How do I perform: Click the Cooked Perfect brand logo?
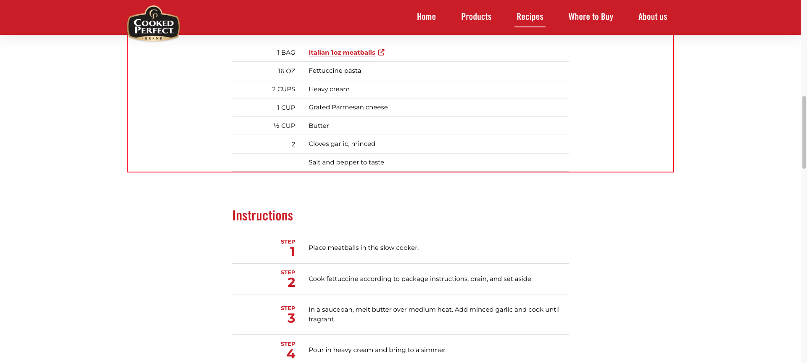pos(153,24)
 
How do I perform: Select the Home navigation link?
pos(426,17)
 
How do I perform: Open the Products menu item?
pos(476,17)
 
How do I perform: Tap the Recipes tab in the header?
pos(530,17)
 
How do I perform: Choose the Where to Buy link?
pos(591,17)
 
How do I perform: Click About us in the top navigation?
pos(652,17)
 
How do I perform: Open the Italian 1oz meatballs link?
pos(342,53)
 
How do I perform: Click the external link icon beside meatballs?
pos(381,52)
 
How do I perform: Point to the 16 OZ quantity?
pos(286,71)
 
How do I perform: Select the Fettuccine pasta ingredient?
pos(335,71)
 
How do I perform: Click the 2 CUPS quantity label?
pos(283,89)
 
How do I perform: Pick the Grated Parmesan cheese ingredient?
pos(348,107)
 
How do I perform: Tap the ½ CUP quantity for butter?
pos(284,126)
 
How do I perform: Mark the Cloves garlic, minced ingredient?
pos(342,144)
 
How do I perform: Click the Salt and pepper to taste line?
pos(346,162)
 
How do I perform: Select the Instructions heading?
pos(262,216)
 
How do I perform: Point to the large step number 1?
pos(292,252)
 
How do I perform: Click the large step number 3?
pos(291,318)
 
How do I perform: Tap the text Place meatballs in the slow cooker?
pos(363,248)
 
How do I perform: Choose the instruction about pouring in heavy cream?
pos(377,350)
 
